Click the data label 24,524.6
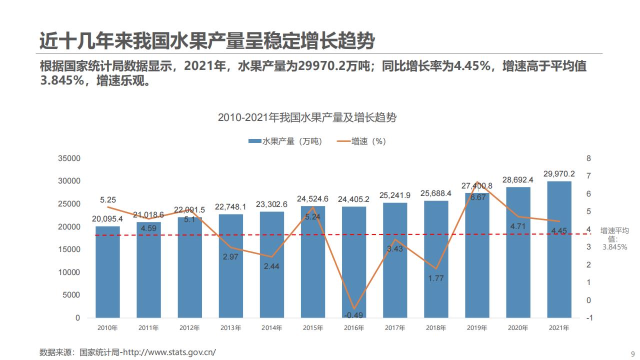click(x=312, y=198)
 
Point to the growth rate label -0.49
click(x=353, y=315)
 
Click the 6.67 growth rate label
click(x=478, y=197)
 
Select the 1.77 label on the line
click(x=436, y=278)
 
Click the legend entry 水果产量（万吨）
click(x=285, y=141)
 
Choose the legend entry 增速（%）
click(x=362, y=141)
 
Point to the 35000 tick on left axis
click(x=69, y=158)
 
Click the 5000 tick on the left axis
click(x=71, y=295)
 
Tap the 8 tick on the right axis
click(x=588, y=158)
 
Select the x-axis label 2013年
click(x=230, y=328)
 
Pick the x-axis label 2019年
click(x=477, y=328)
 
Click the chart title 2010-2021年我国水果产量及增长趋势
click(x=307, y=117)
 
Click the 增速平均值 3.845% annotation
click(x=614, y=238)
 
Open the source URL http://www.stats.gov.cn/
click(x=169, y=352)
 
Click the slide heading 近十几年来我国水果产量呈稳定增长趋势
click(x=207, y=41)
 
